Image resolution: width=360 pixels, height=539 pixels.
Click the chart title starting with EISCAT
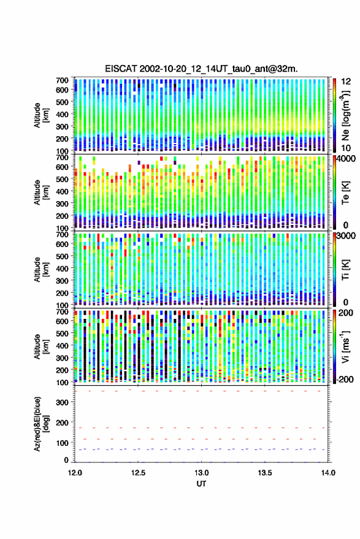[x=202, y=69]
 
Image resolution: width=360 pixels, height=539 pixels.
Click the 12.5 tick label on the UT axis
[x=138, y=473]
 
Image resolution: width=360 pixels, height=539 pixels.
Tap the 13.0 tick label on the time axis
[x=201, y=473]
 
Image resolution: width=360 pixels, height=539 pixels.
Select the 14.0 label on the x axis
[x=328, y=473]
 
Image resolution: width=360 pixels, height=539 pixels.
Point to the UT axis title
[x=201, y=484]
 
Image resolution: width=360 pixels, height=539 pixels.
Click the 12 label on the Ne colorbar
[x=347, y=82]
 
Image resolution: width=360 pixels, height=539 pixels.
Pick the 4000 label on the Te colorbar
[x=347, y=159]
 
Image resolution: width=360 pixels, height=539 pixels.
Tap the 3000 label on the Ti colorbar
[x=347, y=236]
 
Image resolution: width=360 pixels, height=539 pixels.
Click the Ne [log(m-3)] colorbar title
[x=345, y=115]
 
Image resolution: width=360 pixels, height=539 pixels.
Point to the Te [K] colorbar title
[x=345, y=192]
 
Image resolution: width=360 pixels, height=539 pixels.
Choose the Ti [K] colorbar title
[x=345, y=269]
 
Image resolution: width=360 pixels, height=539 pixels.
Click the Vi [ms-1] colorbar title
[x=345, y=346]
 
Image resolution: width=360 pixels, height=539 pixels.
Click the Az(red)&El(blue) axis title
[x=41, y=424]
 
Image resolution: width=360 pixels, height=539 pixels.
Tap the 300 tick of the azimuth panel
[x=63, y=402]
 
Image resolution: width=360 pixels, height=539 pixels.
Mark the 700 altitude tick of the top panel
[x=62, y=80]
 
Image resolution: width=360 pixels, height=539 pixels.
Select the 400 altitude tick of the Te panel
[x=62, y=191]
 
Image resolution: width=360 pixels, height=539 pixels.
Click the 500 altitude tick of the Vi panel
[x=62, y=333]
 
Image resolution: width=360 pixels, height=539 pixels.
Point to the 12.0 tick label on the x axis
[x=75, y=473]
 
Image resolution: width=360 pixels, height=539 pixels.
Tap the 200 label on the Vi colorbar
[x=345, y=313]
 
